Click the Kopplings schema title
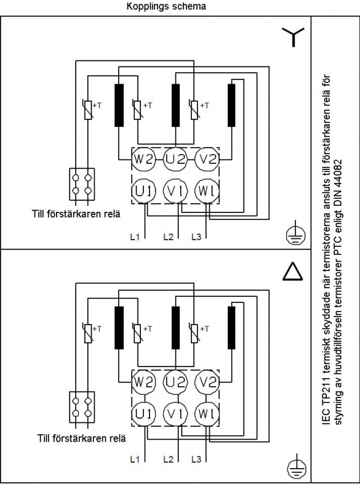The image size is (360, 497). click(166, 6)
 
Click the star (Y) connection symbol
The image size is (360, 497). click(293, 36)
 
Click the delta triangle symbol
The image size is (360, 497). click(292, 272)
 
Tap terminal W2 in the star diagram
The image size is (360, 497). click(144, 159)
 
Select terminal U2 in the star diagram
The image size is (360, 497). click(175, 159)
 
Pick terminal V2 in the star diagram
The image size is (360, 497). click(207, 159)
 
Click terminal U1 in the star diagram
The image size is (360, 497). click(144, 191)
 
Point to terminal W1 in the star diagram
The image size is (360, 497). click(207, 191)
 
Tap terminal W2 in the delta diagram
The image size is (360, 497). click(144, 382)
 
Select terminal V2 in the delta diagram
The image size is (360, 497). click(207, 382)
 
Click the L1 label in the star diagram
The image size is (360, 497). click(135, 236)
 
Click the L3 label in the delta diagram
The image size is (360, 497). click(196, 459)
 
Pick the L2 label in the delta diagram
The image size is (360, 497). click(169, 459)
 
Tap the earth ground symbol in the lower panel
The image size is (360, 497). click(297, 466)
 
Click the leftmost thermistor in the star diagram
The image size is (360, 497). click(89, 110)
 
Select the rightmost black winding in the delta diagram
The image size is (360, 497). click(231, 328)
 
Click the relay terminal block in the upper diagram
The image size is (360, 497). click(82, 184)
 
